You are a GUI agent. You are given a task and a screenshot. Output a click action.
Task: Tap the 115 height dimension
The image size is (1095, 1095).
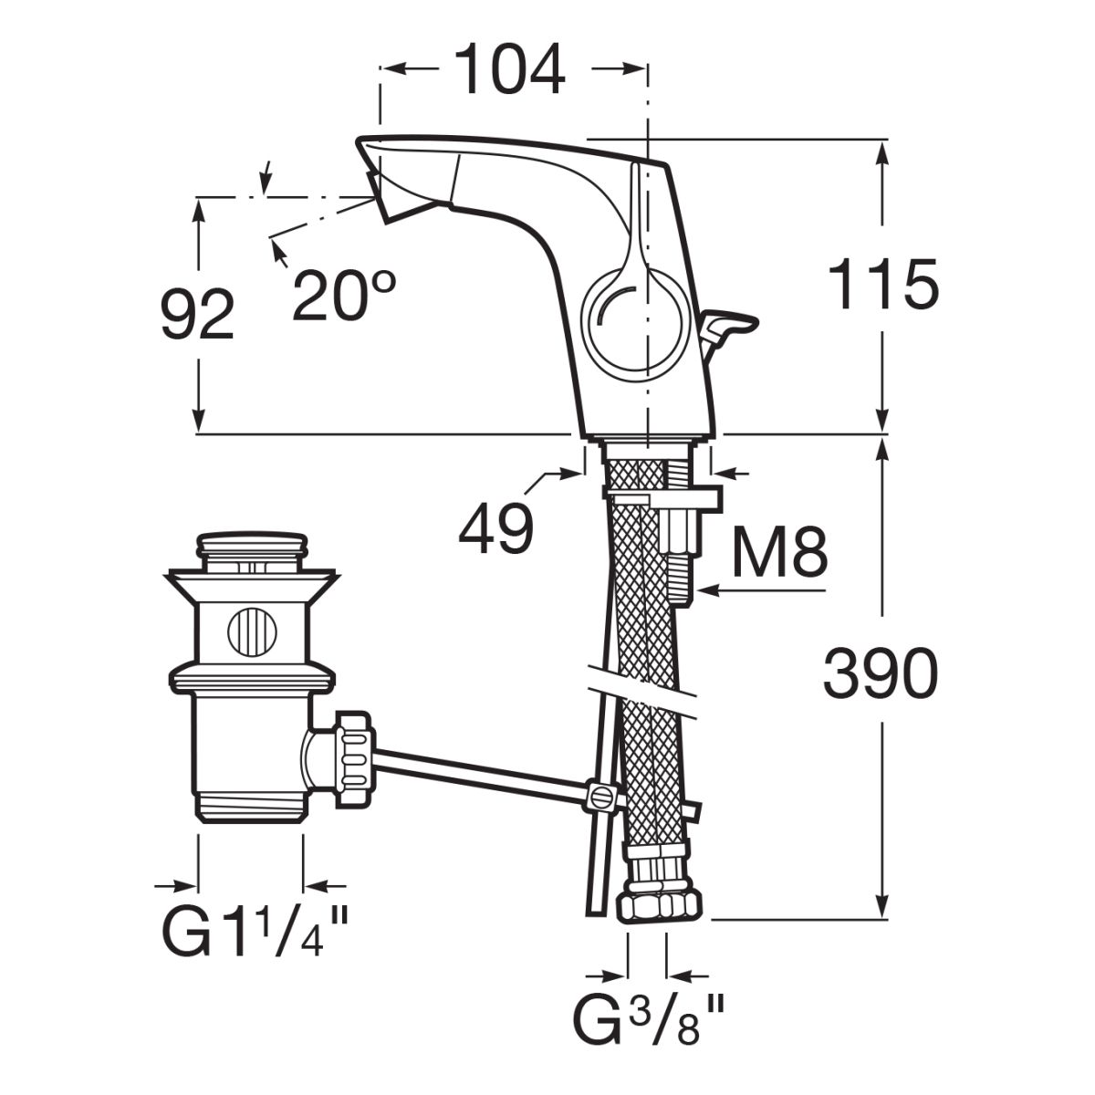pyautogui.click(x=882, y=284)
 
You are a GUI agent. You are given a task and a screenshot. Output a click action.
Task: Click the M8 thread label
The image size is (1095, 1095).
pyautogui.click(x=780, y=551)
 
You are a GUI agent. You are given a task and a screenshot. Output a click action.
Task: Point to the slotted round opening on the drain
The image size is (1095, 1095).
pyautogui.click(x=250, y=631)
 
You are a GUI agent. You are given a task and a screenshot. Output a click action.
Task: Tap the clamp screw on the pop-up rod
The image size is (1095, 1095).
pyautogui.click(x=600, y=796)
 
